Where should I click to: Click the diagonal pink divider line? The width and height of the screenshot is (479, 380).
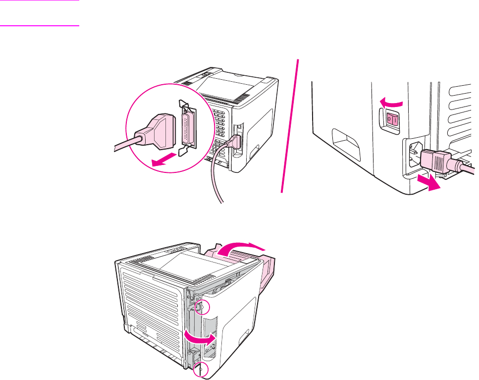[x=291, y=124]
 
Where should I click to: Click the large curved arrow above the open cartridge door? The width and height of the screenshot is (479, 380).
[x=243, y=249]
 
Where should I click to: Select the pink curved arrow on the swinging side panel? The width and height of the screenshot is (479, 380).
[x=200, y=337]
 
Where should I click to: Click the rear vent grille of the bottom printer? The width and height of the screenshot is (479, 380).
[x=149, y=297]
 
